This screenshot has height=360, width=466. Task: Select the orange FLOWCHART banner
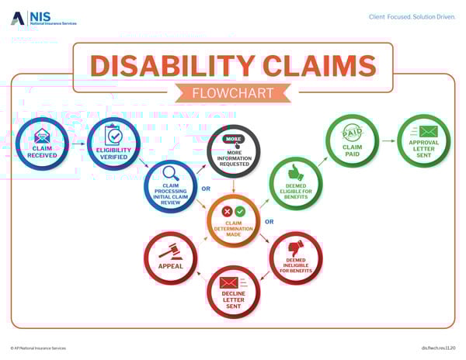[233, 94]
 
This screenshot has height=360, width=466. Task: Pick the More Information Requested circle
[234, 151]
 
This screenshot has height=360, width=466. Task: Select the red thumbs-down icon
[297, 247]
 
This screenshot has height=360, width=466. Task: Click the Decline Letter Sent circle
[233, 292]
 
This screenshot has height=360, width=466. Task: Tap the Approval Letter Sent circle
[424, 140]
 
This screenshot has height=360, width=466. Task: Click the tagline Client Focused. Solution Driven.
[410, 16]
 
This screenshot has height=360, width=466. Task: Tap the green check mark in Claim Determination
[241, 211]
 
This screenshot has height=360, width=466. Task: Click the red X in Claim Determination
[227, 211]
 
